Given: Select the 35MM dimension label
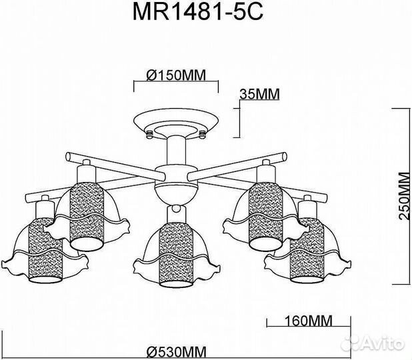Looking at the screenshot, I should tap(259, 94).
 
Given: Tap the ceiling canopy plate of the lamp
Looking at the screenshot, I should tap(177, 124).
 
